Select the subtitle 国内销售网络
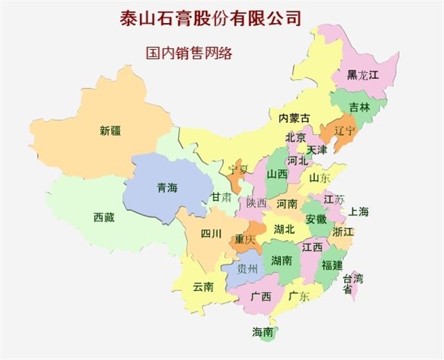coord(188,53)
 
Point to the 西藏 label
coord(104,216)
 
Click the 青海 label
coord(167,187)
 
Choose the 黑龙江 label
coord(363,75)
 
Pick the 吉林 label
coord(359,108)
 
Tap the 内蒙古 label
coord(294,118)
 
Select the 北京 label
coord(296,137)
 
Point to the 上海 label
coord(359,212)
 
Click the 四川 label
coord(211,234)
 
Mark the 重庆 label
coord(245,239)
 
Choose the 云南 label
coord(203,286)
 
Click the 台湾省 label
coord(352,284)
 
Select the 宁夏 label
coord(239,168)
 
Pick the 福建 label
coord(332,265)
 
